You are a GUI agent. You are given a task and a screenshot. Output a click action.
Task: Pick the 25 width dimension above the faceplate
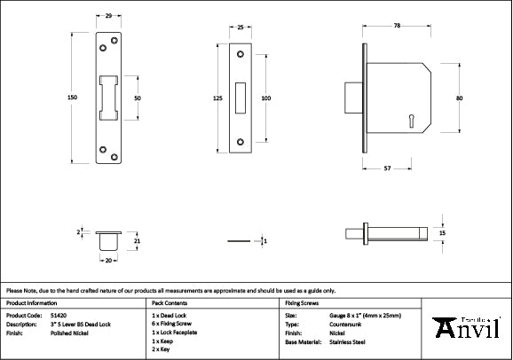pyautogui.click(x=241, y=28)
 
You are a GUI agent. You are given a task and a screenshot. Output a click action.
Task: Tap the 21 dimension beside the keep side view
pyautogui.click(x=137, y=240)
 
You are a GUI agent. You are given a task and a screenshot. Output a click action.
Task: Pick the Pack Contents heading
pyautogui.click(x=171, y=303)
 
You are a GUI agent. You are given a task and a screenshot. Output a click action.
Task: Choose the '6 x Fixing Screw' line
pyautogui.click(x=175, y=324)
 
